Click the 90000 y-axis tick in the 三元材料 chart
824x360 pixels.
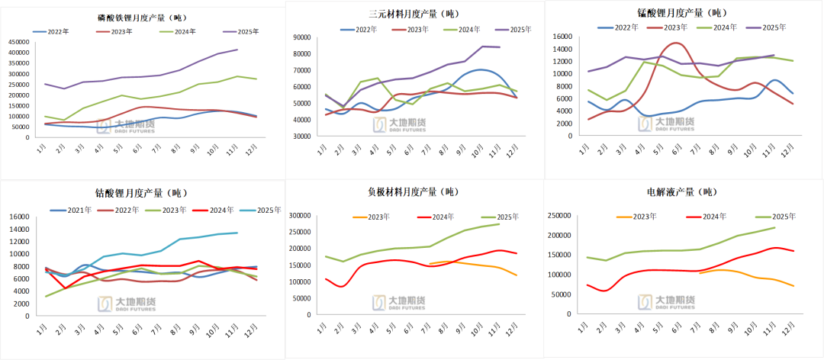tap(300, 37)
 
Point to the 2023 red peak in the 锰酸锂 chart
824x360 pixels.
tap(676, 43)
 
